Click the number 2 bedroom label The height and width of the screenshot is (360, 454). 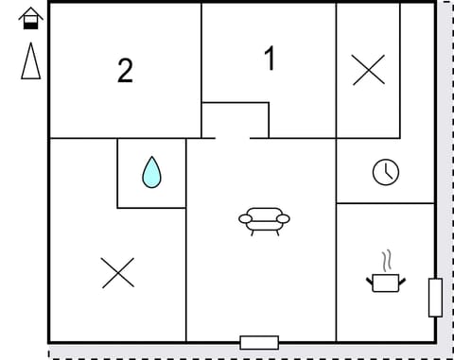[x=125, y=71]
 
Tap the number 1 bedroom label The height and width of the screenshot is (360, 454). [x=270, y=59]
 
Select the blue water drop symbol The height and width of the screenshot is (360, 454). [x=151, y=172]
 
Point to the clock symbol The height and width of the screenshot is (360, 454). [x=385, y=172]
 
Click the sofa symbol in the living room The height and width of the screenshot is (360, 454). [x=264, y=220]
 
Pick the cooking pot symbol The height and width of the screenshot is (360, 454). [x=384, y=281]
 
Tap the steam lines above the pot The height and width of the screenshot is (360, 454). [x=384, y=260]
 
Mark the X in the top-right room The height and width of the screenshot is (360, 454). [x=368, y=70]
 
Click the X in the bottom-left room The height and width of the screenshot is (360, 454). [x=117, y=272]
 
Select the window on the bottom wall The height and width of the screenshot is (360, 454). [x=259, y=342]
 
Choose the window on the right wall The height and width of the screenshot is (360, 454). [x=435, y=298]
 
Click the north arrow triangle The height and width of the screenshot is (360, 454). [x=31, y=61]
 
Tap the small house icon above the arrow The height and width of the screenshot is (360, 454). [x=31, y=18]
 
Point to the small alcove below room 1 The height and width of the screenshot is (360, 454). [x=236, y=119]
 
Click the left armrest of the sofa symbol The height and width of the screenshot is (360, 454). [x=245, y=219]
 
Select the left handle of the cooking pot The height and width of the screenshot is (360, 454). [x=370, y=278]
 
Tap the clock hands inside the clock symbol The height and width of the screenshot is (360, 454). [x=386, y=172]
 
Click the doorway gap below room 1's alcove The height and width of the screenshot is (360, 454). [x=233, y=138]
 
